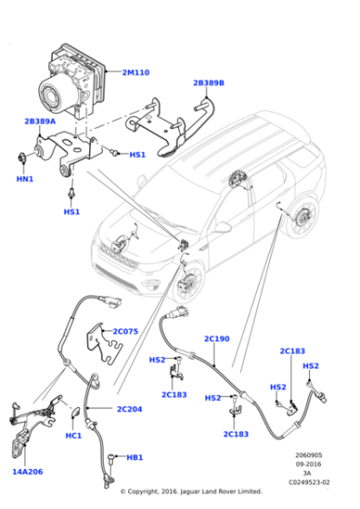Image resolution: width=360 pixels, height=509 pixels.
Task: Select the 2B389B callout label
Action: [208, 83]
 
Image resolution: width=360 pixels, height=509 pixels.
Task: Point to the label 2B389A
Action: [40, 120]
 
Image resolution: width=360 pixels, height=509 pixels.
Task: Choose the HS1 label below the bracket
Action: [71, 212]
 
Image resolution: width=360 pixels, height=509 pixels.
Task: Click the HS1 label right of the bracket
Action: [137, 155]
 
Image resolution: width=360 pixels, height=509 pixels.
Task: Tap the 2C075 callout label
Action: [125, 332]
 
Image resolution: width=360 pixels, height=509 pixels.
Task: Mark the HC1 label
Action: [74, 435]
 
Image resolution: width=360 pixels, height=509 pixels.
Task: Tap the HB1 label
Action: [135, 457]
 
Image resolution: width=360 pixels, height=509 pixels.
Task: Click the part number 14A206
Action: [27, 472]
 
